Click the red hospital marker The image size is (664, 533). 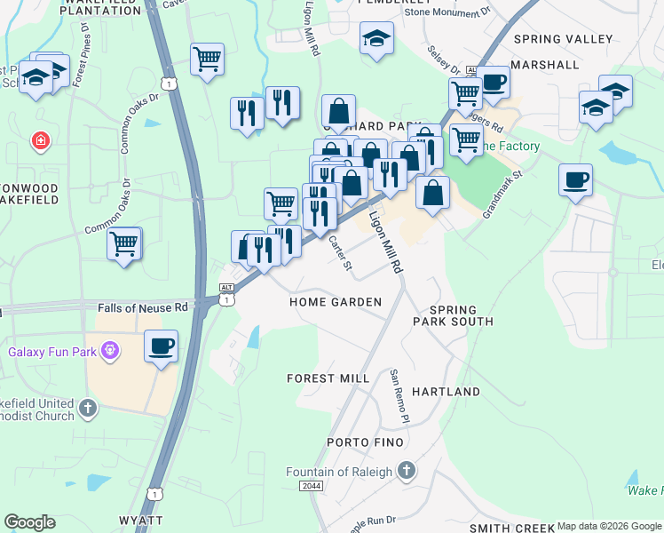[x=40, y=140]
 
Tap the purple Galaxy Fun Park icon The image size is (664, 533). [x=109, y=352]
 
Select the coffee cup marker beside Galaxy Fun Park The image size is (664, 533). [x=161, y=346]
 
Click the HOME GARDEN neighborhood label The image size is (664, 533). [x=336, y=302]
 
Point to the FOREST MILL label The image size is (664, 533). [x=328, y=378]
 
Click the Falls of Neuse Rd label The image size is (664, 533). [x=143, y=307]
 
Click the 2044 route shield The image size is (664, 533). [x=312, y=486]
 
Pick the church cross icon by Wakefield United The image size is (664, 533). [x=87, y=408]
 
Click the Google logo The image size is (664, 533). [x=29, y=522]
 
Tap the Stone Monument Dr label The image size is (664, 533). [x=447, y=12]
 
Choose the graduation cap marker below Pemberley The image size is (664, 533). [x=376, y=38]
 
